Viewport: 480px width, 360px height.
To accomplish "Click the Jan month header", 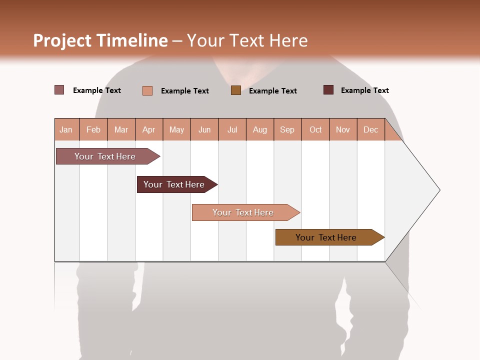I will click(x=66, y=129).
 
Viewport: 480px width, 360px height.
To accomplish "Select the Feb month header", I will click(x=93, y=129).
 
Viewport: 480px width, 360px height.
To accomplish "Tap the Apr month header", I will click(x=149, y=129).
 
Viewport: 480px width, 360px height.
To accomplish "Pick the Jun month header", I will click(x=204, y=129).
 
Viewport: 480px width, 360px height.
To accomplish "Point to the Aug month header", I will click(x=260, y=129).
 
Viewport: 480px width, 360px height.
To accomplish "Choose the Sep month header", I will click(x=287, y=129).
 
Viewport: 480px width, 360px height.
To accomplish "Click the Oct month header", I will click(x=315, y=129).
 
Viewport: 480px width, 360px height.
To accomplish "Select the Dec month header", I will click(x=371, y=129).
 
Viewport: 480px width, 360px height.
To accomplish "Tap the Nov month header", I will click(x=343, y=129).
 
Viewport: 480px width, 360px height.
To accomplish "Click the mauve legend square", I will click(x=59, y=90).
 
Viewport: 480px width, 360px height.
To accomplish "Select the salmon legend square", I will click(x=147, y=90).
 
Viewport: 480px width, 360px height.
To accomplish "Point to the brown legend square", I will click(x=236, y=90).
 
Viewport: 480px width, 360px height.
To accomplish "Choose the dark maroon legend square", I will click(x=328, y=90).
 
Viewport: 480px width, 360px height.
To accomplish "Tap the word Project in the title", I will click(x=62, y=40).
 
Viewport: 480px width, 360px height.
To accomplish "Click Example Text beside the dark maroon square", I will click(x=364, y=90).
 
